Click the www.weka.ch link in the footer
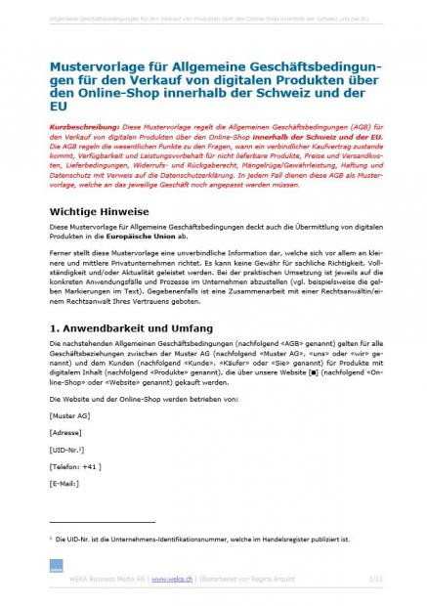coord(172,579)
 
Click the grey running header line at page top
coord(213,18)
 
